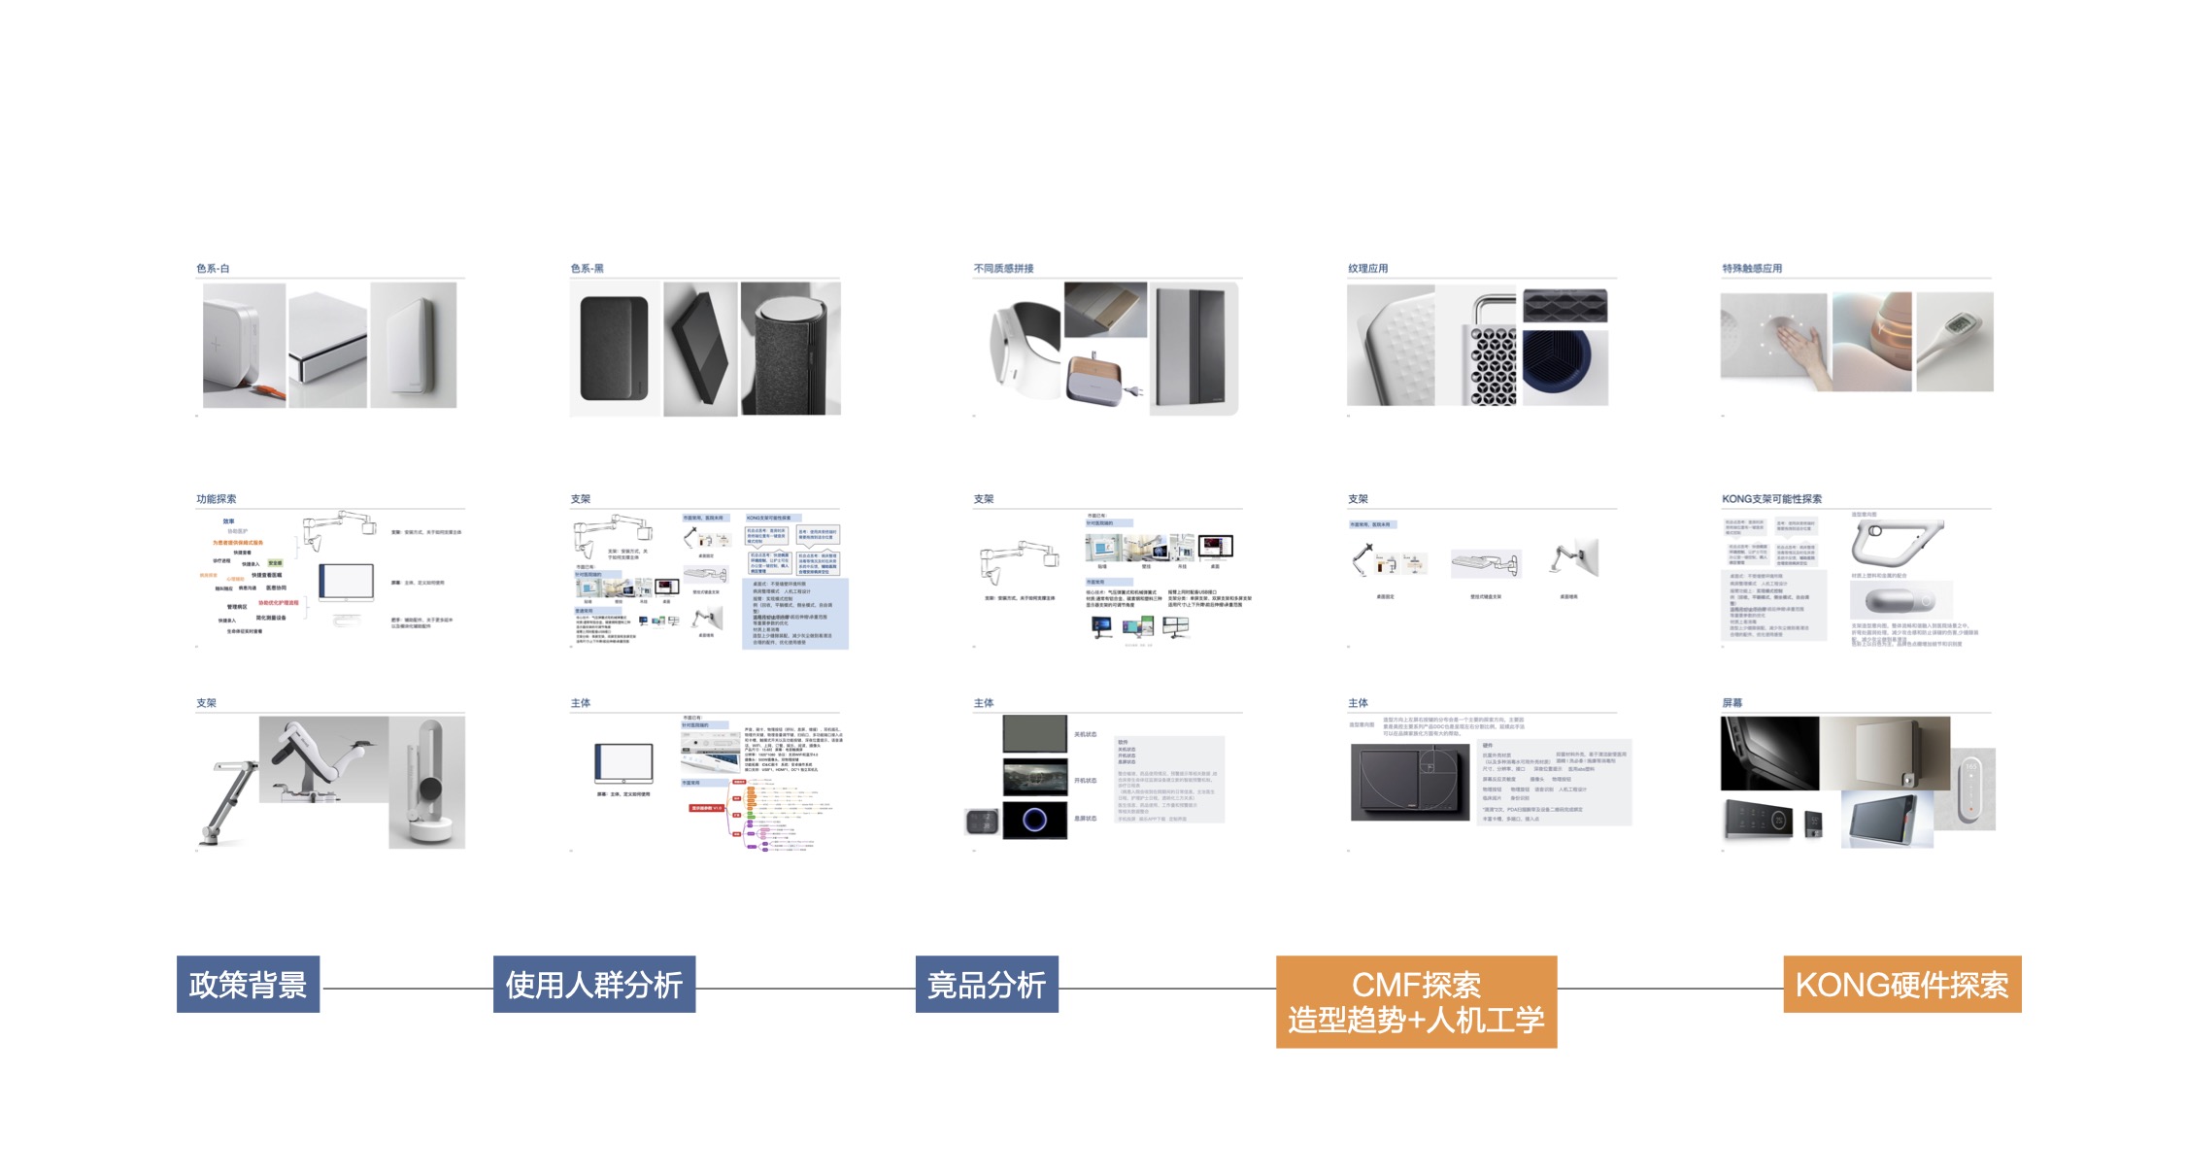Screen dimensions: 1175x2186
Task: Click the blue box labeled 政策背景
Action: coord(248,985)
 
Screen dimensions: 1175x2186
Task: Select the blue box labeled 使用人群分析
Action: coord(593,985)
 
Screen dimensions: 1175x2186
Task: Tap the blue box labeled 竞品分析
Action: coord(986,985)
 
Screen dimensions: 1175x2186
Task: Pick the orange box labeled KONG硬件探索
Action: coord(1901,985)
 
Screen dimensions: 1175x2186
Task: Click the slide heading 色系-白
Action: coord(213,269)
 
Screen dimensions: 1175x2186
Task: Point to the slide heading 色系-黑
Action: coord(587,269)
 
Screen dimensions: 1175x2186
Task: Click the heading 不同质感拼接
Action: coord(1003,269)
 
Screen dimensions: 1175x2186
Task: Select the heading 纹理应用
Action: coord(1367,269)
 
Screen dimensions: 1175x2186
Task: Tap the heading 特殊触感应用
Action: coord(1752,269)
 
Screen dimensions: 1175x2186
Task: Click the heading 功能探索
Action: coord(216,499)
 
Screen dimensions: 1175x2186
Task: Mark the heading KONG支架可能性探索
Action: coord(1771,499)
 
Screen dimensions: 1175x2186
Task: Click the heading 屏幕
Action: coord(1732,703)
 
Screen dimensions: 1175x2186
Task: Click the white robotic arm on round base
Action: coord(427,787)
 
